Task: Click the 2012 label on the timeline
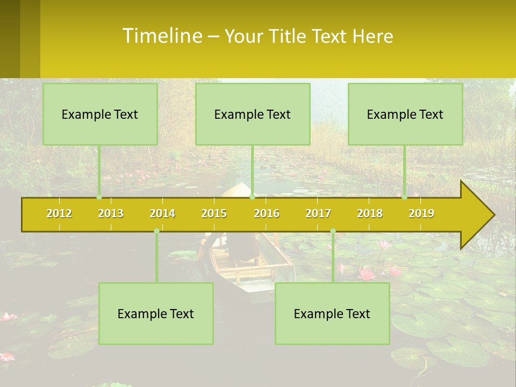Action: click(x=59, y=213)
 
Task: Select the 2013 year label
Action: click(x=111, y=213)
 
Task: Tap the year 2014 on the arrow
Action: click(x=162, y=213)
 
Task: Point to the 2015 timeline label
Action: click(x=214, y=213)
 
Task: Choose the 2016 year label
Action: click(x=267, y=213)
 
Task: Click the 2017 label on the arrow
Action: click(x=318, y=213)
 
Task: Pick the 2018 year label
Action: click(x=370, y=213)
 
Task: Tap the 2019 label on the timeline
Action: click(x=421, y=213)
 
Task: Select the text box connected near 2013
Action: click(x=100, y=114)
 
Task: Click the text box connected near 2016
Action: click(x=253, y=114)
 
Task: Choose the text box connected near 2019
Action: click(x=405, y=114)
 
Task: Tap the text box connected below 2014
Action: click(x=156, y=313)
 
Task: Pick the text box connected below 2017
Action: click(x=332, y=313)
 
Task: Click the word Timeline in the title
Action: click(x=161, y=36)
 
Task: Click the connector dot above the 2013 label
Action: click(x=99, y=197)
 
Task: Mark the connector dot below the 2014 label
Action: click(x=156, y=231)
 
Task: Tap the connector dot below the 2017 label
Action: click(x=333, y=231)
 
